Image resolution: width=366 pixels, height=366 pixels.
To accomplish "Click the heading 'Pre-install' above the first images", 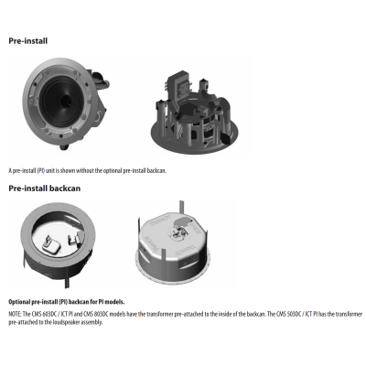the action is click(28, 41).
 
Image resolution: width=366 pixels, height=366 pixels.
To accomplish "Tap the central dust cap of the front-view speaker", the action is click(65, 101).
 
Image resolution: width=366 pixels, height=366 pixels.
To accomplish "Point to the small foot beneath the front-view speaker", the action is click(64, 147).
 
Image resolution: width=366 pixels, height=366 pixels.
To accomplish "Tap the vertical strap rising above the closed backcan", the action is click(181, 207).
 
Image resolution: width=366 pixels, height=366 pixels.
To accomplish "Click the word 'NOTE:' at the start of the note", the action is click(15, 314).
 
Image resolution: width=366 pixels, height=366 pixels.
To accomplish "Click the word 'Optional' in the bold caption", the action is click(19, 302).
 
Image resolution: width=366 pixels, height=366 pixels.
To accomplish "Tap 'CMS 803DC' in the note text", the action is click(94, 314).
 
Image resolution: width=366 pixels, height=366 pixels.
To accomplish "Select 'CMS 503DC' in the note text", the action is click(288, 314).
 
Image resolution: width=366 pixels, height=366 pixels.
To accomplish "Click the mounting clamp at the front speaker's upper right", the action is click(100, 80).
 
